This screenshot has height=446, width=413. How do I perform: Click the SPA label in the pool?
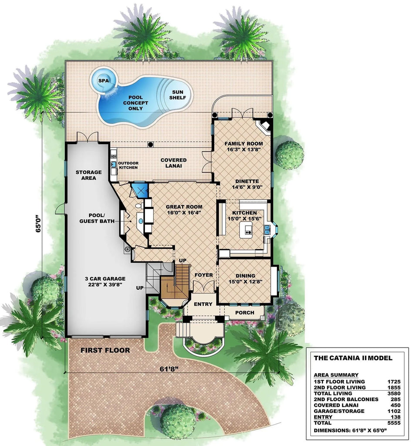tap(103, 81)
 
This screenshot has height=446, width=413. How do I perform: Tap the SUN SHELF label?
tap(178, 95)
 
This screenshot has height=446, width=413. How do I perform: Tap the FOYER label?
tap(203, 275)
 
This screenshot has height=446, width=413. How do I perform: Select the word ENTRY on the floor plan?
tap(203, 304)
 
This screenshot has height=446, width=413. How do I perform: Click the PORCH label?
tap(245, 313)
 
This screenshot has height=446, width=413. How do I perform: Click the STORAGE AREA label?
tap(88, 175)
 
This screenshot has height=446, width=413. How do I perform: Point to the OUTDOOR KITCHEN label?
tap(128, 165)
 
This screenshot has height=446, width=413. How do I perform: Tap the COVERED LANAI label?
tap(173, 163)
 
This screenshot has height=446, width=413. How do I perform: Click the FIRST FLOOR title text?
tap(105, 350)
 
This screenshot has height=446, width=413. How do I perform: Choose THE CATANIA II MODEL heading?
tap(353, 358)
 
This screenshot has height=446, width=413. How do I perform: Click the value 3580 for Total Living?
tap(393, 393)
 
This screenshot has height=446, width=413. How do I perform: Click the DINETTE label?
tap(247, 181)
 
